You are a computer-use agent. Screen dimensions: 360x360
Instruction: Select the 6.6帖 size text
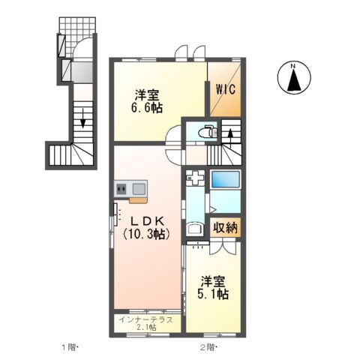[x=148, y=107]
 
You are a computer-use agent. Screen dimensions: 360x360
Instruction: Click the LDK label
[x=148, y=221]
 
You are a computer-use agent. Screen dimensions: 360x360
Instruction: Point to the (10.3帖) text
[x=148, y=234]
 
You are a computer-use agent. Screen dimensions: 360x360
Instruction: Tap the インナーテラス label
[x=147, y=319]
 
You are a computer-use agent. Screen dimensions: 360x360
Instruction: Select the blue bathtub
[x=225, y=180]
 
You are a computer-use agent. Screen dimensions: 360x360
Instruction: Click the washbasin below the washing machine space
[x=194, y=229]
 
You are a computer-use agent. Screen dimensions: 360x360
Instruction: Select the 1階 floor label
[x=68, y=347]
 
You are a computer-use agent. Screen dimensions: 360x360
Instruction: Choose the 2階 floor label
[x=208, y=347]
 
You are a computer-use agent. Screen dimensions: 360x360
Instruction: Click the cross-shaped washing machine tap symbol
[x=194, y=180]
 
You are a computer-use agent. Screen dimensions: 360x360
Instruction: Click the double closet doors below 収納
[x=200, y=244]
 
